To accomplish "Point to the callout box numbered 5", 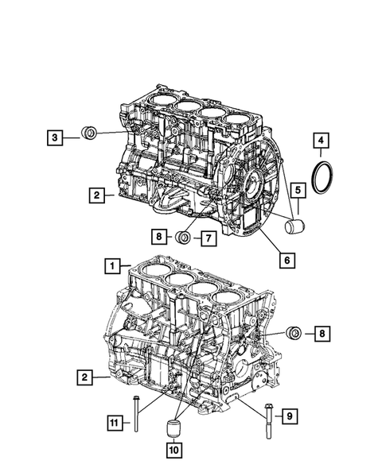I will click(296, 191).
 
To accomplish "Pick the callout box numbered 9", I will click(290, 414).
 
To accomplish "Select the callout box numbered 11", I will click(115, 422).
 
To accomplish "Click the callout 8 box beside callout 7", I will click(160, 236).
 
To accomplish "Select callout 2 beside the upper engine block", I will click(95, 193).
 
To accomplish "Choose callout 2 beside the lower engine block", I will click(84, 377).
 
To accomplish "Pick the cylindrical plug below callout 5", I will click(295, 227).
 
